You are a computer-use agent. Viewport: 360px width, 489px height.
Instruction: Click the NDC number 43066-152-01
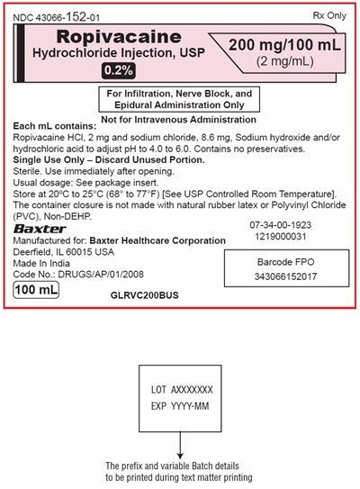pos(57,15)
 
